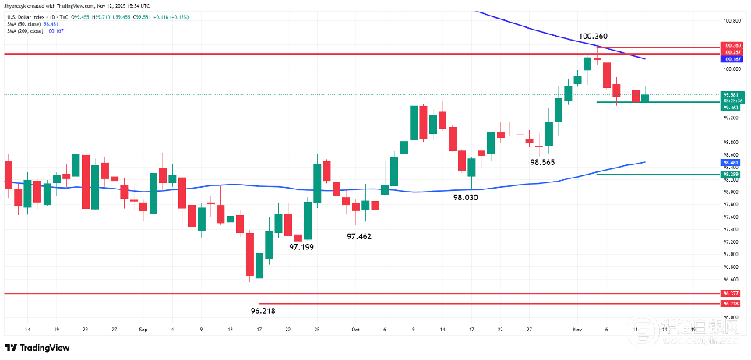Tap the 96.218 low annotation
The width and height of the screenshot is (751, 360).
(x=263, y=310)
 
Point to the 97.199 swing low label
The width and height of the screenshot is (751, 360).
(x=301, y=246)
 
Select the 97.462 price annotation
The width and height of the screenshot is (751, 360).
(x=359, y=235)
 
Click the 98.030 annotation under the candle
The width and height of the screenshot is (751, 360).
(x=466, y=198)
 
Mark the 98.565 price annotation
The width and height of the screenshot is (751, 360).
(x=542, y=162)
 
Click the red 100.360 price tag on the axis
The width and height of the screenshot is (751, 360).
(x=731, y=46)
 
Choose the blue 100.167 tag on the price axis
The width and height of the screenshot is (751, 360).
(x=731, y=59)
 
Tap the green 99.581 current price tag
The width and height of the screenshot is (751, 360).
(x=731, y=94)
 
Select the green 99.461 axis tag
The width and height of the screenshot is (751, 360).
(x=731, y=108)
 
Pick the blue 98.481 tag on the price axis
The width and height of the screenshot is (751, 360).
(x=731, y=162)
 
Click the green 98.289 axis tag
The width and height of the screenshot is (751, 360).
(x=731, y=175)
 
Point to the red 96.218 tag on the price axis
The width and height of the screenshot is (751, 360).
(x=731, y=303)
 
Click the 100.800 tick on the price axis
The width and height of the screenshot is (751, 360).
(x=731, y=21)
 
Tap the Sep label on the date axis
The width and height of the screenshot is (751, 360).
(x=143, y=330)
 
